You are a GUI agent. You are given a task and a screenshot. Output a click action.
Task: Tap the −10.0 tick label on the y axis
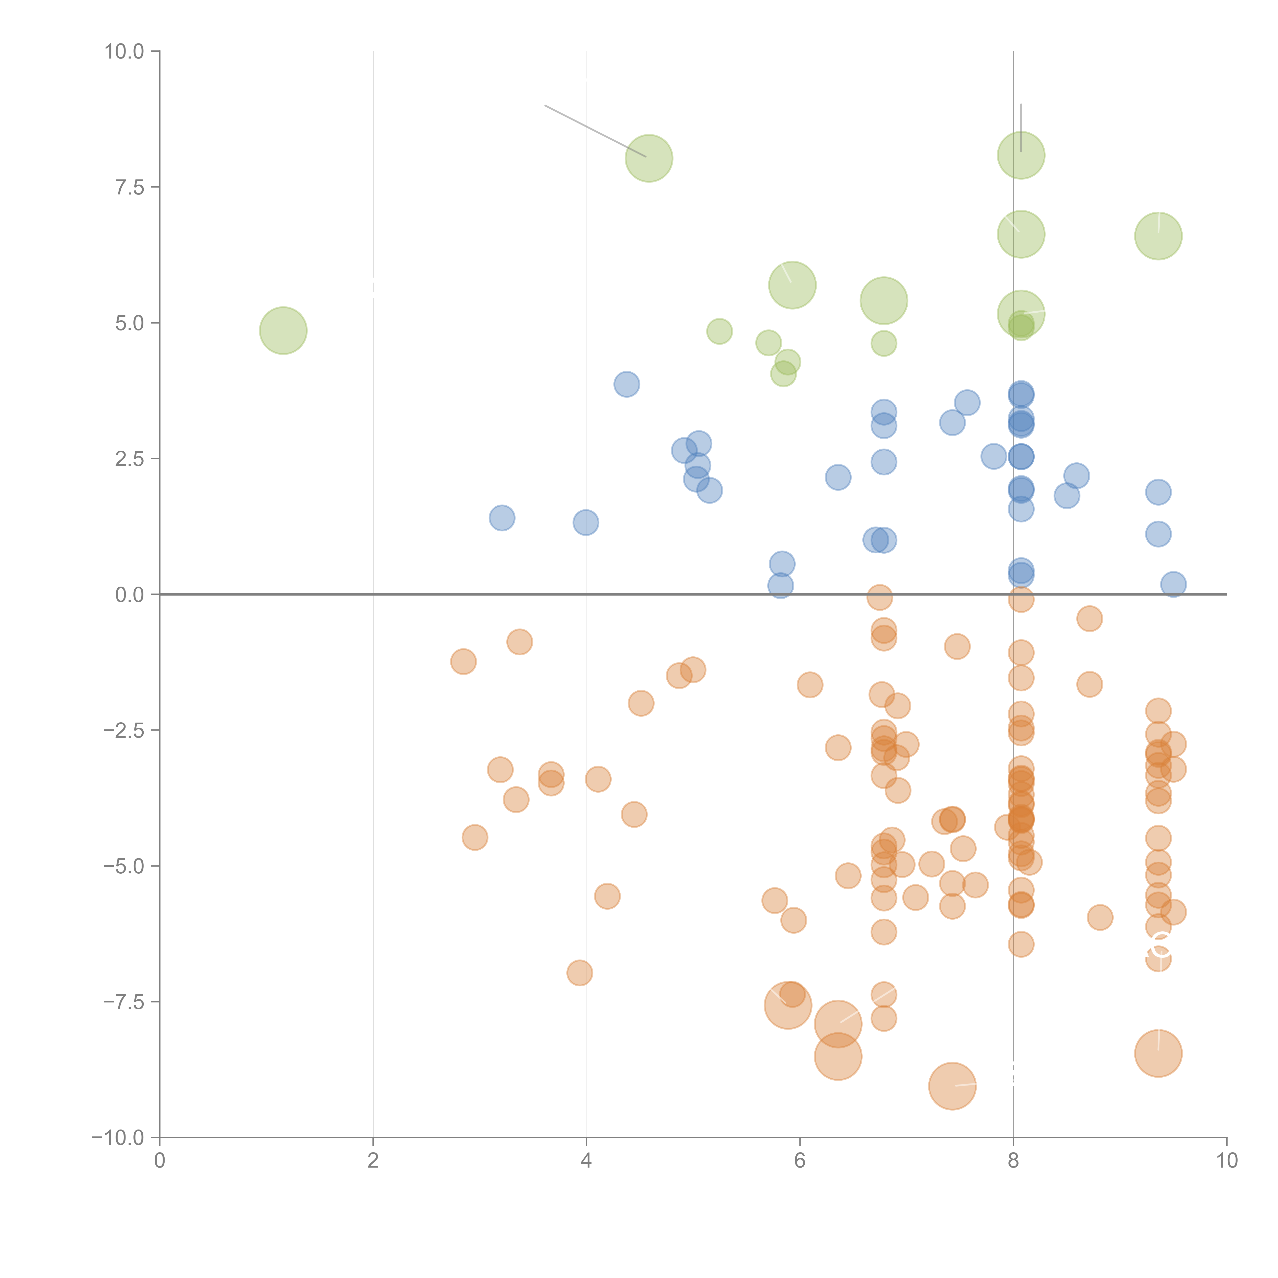tap(118, 1138)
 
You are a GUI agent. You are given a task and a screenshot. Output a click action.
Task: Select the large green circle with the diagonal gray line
tap(649, 158)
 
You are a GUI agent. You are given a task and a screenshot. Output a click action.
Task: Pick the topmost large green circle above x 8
tap(1021, 155)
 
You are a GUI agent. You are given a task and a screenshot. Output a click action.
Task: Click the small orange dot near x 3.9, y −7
tap(579, 972)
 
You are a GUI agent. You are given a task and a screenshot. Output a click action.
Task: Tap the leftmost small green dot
tap(719, 332)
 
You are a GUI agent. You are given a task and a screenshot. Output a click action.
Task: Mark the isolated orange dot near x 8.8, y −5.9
tap(1099, 917)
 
